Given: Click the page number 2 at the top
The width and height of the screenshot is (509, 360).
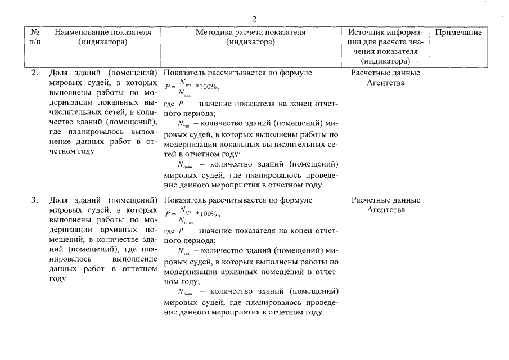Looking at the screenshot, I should point(254,19).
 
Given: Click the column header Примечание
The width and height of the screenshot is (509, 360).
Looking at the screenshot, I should point(458,33).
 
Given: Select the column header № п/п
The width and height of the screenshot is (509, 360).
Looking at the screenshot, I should point(34,37).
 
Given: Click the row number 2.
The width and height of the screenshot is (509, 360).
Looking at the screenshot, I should point(35,73).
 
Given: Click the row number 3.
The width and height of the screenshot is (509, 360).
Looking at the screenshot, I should point(35,200).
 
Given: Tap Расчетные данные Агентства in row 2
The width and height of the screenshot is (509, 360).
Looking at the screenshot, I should point(385,78).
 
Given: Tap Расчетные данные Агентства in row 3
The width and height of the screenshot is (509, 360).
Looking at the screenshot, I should point(385,205).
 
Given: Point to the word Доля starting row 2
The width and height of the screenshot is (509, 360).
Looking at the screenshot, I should point(59,73).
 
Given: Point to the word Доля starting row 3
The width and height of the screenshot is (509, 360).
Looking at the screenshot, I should point(59,200).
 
